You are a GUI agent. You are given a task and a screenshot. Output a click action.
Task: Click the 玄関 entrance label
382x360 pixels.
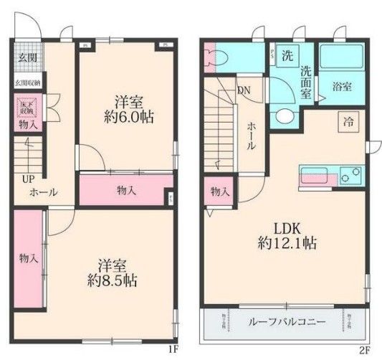pos(28,57)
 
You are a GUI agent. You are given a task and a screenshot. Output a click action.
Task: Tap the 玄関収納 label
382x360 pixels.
pos(28,83)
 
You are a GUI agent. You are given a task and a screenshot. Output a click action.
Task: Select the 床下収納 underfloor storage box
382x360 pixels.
pos(27,108)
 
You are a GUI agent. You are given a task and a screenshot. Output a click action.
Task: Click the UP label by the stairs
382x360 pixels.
pos(27,179)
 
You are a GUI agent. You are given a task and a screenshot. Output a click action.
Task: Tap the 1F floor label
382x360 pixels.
pos(172,349)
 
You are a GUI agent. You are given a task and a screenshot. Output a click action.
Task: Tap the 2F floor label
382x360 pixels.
pos(364,349)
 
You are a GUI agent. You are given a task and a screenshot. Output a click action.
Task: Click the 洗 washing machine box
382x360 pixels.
pos(285,56)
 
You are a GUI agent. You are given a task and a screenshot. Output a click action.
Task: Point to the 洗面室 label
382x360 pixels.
pos(305,82)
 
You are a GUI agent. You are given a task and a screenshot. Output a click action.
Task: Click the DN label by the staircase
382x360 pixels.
pos(244,90)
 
